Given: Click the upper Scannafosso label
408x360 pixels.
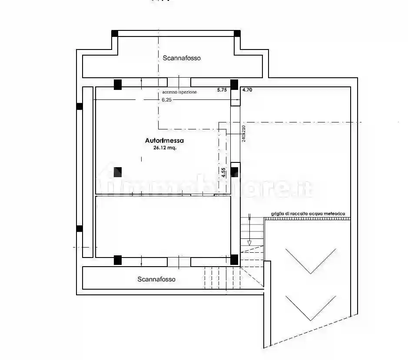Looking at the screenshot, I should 182,58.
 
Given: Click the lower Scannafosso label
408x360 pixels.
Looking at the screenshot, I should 156,279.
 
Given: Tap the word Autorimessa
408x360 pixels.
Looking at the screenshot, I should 164,140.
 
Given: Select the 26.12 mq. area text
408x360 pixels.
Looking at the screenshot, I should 164,148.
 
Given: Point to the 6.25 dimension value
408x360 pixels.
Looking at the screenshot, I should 167,99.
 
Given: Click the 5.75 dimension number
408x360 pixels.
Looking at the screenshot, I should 222,90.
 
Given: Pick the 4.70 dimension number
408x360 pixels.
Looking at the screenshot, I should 247,90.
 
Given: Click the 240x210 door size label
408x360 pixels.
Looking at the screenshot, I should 244,133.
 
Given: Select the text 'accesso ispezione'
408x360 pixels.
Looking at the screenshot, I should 179,92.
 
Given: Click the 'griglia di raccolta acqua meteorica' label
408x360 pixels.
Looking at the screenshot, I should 308,213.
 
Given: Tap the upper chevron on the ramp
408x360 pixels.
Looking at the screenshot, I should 311,261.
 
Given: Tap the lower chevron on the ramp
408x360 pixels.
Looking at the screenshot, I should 311,308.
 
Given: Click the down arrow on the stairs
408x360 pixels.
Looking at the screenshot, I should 249,241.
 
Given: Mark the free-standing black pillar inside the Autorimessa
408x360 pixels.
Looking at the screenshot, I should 117,172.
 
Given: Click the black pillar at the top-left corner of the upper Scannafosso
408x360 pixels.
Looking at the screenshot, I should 115,33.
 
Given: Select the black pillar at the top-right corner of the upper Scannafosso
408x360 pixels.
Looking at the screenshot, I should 237,33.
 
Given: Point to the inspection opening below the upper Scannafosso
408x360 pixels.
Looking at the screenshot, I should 179,82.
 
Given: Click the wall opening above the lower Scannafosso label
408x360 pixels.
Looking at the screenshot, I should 179,262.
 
